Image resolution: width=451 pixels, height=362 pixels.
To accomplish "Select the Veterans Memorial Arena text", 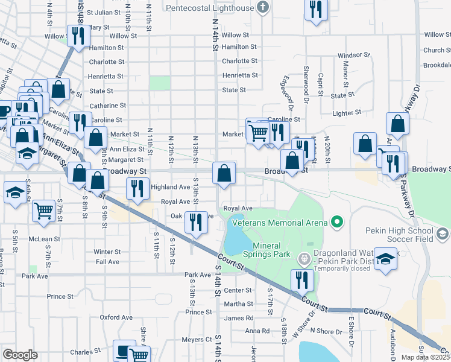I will tap(278, 223).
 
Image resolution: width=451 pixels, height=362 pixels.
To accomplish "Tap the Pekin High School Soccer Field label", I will tap(400, 235).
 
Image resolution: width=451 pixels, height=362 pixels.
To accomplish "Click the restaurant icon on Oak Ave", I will tap(195, 222).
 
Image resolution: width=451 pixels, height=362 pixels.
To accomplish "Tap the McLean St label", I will tap(41, 238).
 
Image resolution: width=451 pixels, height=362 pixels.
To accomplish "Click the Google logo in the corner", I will tap(20, 355).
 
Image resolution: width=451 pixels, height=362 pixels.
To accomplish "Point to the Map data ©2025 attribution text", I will tap(424, 357).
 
